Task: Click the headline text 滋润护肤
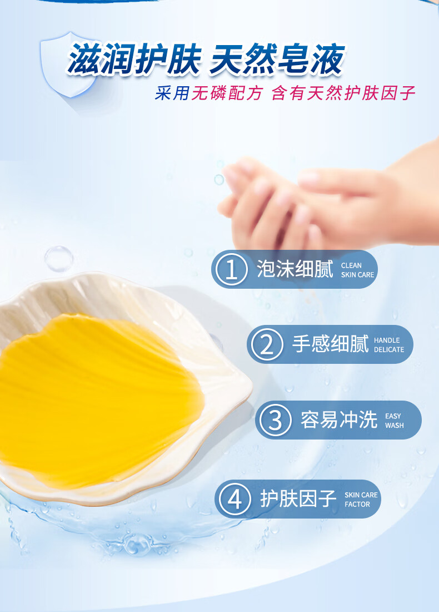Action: tap(135, 60)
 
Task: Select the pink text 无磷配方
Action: tap(227, 93)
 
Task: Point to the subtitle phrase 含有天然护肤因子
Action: tap(343, 93)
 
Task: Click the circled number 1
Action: tap(232, 269)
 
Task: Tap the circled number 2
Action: tap(267, 344)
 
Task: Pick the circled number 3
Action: tap(275, 420)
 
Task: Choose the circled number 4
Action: tap(235, 499)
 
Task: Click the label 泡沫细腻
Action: tap(295, 269)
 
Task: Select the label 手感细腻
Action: tap(330, 344)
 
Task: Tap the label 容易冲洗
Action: tap(339, 420)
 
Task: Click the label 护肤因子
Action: tap(298, 499)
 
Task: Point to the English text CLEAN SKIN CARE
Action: tap(357, 270)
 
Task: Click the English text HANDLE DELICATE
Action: tap(389, 345)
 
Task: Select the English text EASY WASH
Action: tap(395, 421)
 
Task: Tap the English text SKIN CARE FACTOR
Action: tap(361, 500)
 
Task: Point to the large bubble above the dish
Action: tap(59, 259)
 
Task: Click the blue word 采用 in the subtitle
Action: tap(172, 93)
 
